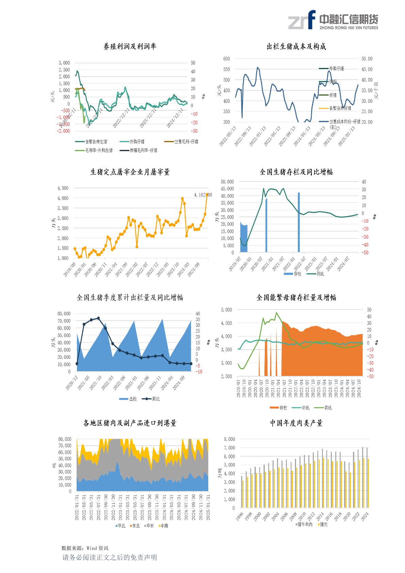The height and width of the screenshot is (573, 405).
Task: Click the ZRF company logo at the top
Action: click(333, 20)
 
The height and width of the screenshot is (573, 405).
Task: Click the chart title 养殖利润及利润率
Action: click(130, 47)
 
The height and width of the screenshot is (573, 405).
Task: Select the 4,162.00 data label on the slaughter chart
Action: click(203, 195)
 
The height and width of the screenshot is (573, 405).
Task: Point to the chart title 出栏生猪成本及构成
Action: click(296, 47)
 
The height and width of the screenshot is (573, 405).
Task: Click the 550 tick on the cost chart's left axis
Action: click(226, 69)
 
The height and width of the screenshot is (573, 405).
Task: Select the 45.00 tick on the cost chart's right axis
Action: click(367, 69)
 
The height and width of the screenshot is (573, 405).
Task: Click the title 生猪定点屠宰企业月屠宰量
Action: click(130, 172)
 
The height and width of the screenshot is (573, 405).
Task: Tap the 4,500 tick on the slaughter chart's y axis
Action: click(63, 188)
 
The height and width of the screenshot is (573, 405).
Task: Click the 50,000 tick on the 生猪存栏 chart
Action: click(227, 182)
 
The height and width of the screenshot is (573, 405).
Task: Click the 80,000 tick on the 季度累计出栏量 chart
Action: click(64, 314)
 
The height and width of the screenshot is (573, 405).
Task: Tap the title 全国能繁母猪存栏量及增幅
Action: click(296, 298)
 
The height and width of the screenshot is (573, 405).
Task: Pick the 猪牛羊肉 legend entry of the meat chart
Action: click(305, 524)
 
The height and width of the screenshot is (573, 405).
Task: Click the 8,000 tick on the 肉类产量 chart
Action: click(229, 439)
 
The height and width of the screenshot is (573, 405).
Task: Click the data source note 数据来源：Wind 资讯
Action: click(85, 548)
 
